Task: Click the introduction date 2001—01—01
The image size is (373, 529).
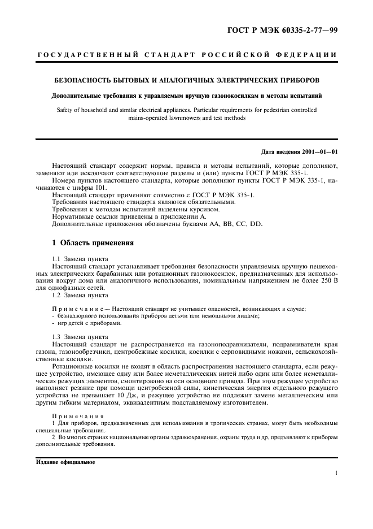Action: (x=318, y=151)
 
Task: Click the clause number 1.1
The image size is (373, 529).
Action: (x=57, y=258)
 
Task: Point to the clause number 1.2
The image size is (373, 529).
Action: (x=57, y=295)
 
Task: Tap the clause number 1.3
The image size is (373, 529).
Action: (x=57, y=336)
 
